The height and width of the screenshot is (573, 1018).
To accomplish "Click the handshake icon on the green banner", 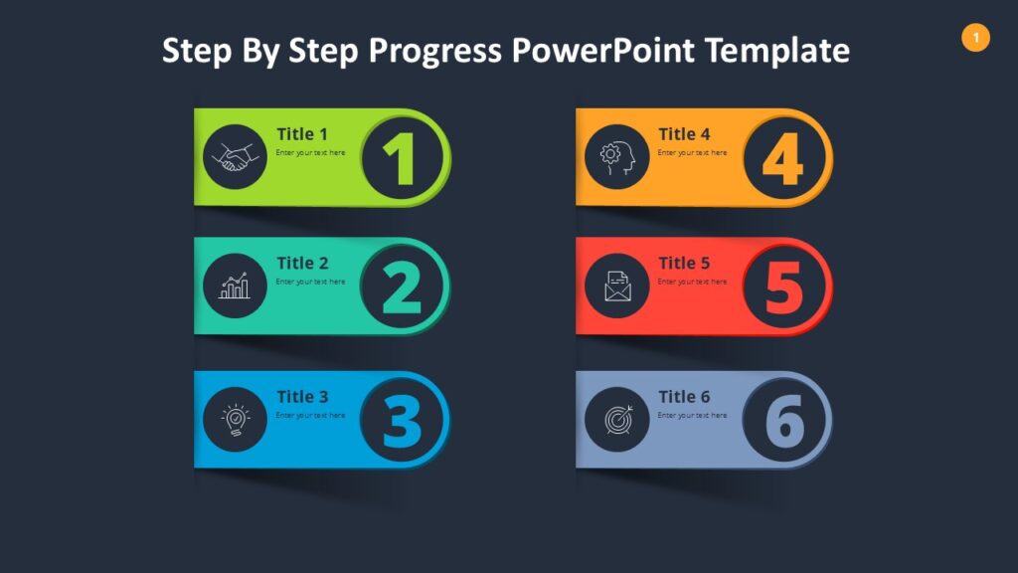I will (235, 157).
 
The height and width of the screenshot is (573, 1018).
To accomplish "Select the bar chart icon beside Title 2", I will (235, 286).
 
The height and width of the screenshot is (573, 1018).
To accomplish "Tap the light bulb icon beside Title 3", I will (235, 420).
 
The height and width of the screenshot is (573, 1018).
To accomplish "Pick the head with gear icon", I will (616, 157).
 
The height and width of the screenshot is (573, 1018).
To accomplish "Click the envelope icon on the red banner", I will (616, 286).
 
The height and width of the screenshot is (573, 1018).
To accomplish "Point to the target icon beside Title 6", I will (616, 420).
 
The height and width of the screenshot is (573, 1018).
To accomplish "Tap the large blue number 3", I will (402, 421).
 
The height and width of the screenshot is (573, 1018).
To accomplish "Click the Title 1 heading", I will (301, 134).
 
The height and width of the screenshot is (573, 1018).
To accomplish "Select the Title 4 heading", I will (684, 134).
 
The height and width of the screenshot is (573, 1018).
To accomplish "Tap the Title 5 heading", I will (684, 264).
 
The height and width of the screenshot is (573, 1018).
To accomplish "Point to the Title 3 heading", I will (302, 397).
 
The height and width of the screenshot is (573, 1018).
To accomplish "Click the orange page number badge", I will (975, 38).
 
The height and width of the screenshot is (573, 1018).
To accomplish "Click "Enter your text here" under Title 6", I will (692, 415).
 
